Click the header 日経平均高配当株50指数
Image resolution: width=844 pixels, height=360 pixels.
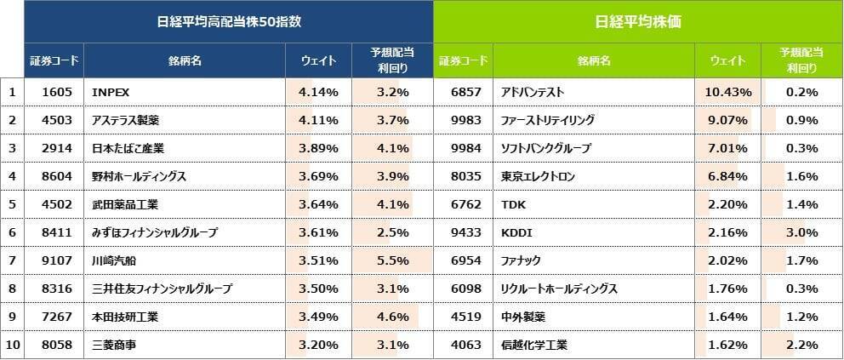click(229, 22)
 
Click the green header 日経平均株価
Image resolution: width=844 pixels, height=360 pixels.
click(637, 22)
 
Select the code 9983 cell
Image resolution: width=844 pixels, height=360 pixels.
click(463, 120)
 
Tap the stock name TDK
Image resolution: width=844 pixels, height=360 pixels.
click(513, 204)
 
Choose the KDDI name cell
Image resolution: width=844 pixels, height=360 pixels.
click(516, 232)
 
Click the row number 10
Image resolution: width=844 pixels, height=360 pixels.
click(12, 345)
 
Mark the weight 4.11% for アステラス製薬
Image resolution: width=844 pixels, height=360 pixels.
click(320, 120)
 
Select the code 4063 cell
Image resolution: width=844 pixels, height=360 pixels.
click(463, 345)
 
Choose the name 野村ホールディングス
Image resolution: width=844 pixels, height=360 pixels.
click(139, 176)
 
